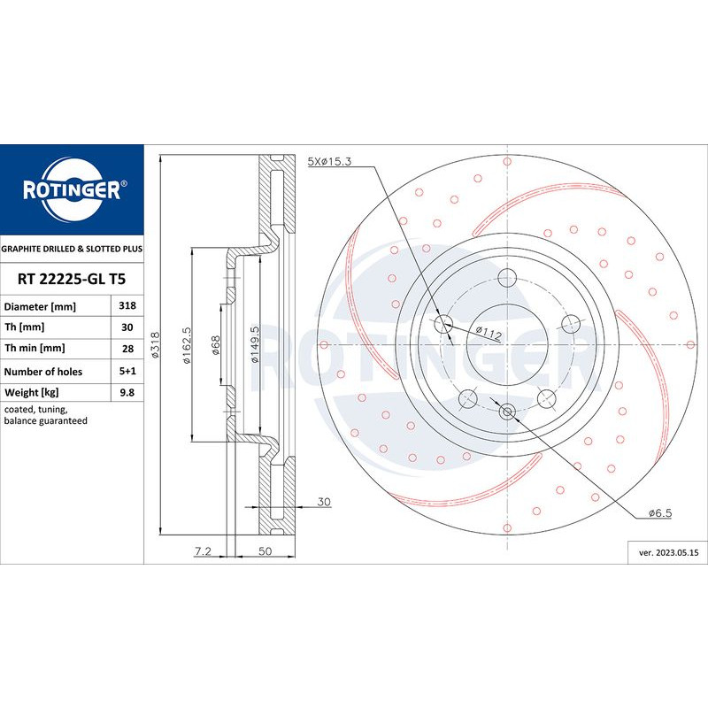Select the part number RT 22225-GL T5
point(72,279)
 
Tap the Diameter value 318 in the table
point(127,305)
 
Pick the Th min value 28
point(127,349)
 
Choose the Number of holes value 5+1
point(127,371)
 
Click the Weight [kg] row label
point(32,392)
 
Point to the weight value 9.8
point(127,392)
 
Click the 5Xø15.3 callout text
point(329,161)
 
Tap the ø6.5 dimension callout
point(660,513)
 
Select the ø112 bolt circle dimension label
point(489,333)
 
